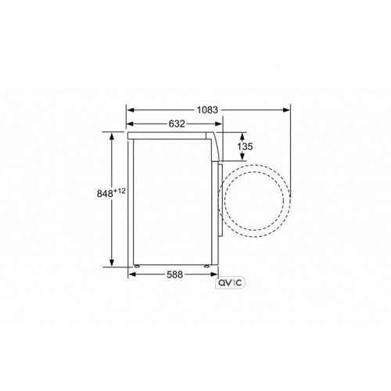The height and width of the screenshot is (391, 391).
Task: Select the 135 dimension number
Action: click(244, 146)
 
